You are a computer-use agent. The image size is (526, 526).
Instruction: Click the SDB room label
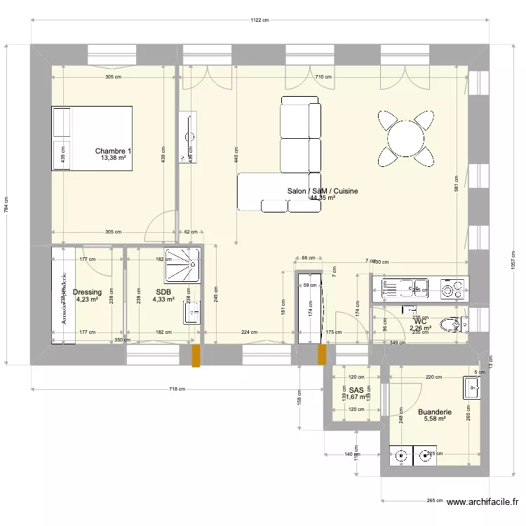(163, 292)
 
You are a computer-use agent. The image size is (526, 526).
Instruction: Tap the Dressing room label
(88, 292)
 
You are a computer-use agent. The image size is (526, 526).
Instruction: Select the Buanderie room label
(434, 413)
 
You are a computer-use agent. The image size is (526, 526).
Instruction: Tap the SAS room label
(356, 390)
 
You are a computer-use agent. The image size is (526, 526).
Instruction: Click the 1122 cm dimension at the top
(259, 20)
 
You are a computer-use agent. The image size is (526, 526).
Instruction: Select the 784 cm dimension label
(7, 205)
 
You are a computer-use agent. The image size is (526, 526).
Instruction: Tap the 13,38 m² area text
(113, 159)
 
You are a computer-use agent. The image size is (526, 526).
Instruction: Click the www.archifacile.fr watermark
(483, 502)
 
